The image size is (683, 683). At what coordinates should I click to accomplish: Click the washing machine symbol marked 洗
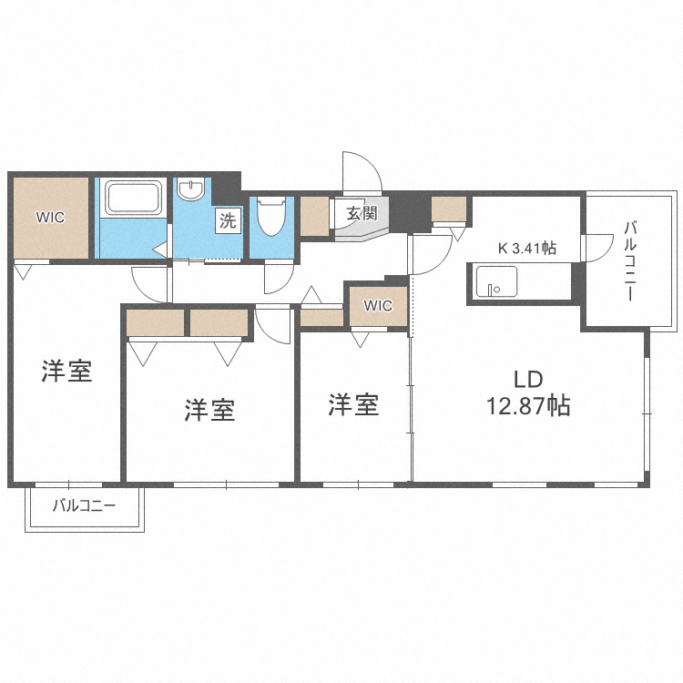(227, 219)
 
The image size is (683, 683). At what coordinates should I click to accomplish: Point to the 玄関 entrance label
(362, 214)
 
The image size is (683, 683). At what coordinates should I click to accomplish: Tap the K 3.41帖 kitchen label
(526, 248)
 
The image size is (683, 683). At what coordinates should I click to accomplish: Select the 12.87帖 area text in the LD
(528, 406)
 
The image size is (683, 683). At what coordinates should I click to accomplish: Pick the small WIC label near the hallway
(378, 306)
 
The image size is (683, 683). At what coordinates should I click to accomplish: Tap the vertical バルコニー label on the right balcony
(630, 262)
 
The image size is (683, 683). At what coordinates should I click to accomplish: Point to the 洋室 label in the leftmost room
(67, 371)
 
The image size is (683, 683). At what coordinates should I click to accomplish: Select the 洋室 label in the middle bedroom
(209, 410)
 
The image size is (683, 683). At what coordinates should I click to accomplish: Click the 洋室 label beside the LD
(353, 404)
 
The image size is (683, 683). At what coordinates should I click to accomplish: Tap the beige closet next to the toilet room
(315, 217)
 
